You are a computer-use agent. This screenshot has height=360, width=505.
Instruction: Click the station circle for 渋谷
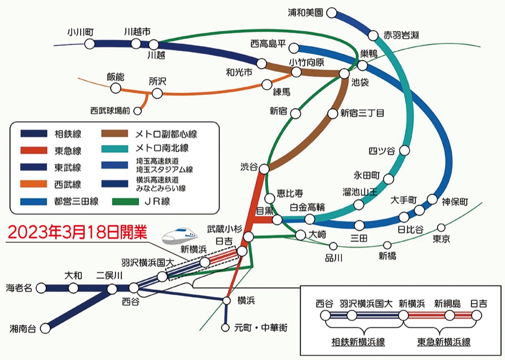264,169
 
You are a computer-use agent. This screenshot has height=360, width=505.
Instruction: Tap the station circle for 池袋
345,73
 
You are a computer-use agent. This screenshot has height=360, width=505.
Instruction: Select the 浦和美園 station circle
332,13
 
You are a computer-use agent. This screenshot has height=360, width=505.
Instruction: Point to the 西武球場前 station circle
138,111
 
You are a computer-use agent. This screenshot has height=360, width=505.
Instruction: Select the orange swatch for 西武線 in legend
34,184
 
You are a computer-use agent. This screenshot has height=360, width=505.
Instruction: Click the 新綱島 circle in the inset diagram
450,315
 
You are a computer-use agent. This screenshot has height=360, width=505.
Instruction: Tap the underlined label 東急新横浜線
444,342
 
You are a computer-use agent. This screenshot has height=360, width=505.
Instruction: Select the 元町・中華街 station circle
226,327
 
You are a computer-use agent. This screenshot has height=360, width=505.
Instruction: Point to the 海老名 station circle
41,288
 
